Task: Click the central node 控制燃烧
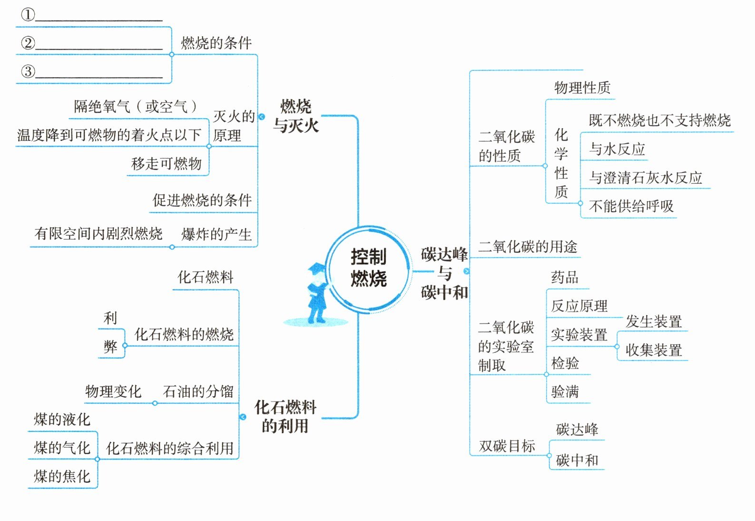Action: [x=369, y=268]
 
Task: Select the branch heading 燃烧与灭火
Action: [x=296, y=116]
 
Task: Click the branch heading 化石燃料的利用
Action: [x=285, y=416]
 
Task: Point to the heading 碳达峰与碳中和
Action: [x=444, y=273]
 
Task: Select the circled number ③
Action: [x=28, y=71]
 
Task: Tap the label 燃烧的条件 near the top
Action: [x=216, y=43]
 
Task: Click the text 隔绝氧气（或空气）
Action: [x=136, y=106]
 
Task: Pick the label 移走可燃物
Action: [x=167, y=164]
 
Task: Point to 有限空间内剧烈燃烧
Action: [x=98, y=234]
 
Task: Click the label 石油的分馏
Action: [x=198, y=391]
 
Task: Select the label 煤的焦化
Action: [x=62, y=476]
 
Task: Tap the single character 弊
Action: [x=110, y=346]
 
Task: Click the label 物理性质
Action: [x=582, y=88]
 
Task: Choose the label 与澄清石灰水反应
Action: [x=646, y=178]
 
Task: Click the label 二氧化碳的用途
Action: [x=528, y=247]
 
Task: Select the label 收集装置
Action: [x=654, y=350]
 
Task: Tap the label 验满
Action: [x=565, y=392]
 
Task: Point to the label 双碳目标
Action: [x=507, y=446]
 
